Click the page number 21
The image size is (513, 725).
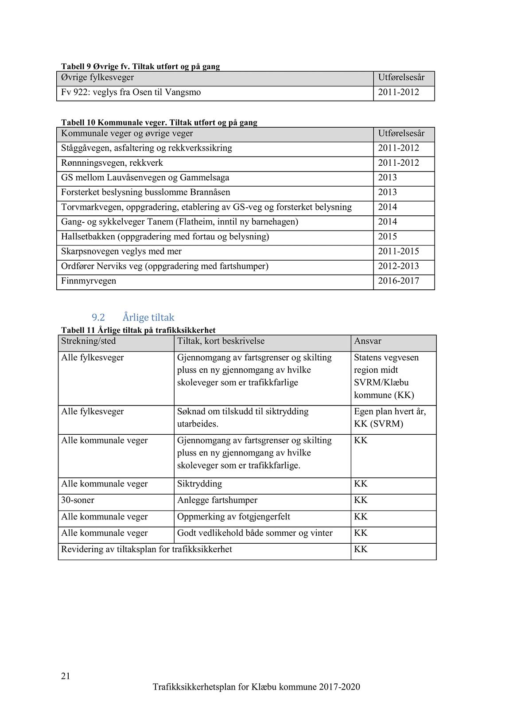click(x=66, y=676)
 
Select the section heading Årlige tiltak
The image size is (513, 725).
click(x=148, y=317)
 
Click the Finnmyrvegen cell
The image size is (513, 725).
click(x=89, y=281)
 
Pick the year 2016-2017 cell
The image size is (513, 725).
click(x=398, y=281)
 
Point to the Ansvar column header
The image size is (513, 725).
click(x=367, y=341)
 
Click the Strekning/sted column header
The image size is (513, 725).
click(x=88, y=341)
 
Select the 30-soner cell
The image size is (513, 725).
click(x=78, y=500)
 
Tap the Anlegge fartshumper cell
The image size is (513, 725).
click(x=217, y=500)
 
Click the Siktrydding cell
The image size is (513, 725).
click(x=199, y=484)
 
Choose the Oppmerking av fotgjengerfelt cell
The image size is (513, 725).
click(x=233, y=517)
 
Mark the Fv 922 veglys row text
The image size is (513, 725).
click(x=131, y=93)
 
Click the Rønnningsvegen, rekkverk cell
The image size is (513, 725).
click(x=112, y=163)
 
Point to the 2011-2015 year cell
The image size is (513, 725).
click(x=398, y=251)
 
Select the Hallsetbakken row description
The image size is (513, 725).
click(x=165, y=237)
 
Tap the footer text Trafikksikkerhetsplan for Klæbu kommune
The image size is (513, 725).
click(x=256, y=687)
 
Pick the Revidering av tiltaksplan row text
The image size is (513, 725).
click(x=146, y=550)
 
